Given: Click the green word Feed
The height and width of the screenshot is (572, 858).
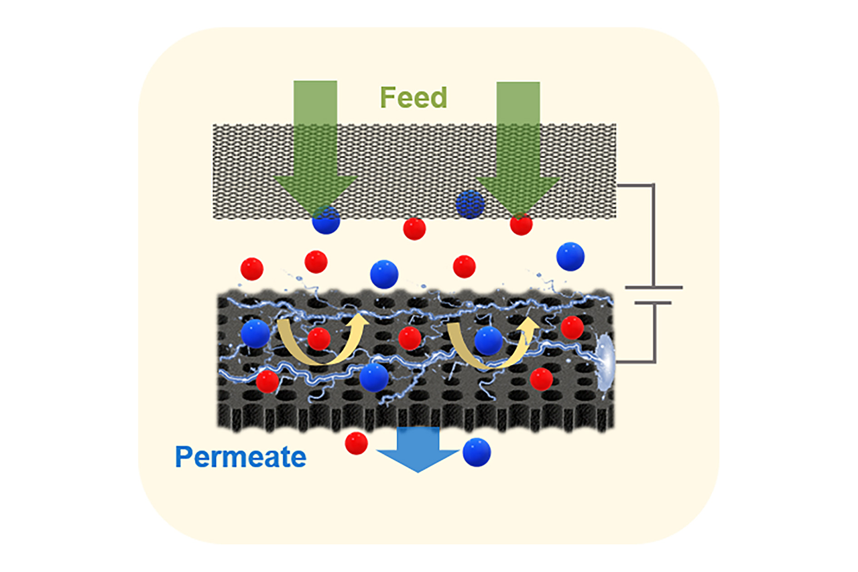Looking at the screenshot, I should pos(413,98).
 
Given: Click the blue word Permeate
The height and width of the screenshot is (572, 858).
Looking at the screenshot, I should pos(241,457).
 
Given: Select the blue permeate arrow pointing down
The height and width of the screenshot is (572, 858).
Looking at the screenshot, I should pos(418,449).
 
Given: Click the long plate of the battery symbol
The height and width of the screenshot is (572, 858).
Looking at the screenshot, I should pos(653,288).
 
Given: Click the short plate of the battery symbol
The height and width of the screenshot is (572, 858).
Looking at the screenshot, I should pos(653,303).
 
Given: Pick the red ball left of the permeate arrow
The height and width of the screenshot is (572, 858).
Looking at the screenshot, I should pos(356,443).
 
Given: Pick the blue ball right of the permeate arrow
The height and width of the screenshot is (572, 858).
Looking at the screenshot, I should pos(477,452).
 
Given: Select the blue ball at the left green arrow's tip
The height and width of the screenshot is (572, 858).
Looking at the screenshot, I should pos(326,221).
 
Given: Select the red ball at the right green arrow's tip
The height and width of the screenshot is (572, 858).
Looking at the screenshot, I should pos(521,224).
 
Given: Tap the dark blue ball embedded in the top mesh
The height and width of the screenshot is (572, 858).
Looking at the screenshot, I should pos(470,203).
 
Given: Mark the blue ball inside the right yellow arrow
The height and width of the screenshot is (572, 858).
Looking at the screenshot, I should pos(489,341).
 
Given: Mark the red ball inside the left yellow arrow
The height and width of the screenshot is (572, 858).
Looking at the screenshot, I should pos(319,339).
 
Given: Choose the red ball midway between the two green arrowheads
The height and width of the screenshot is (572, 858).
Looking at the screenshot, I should pos(415,229).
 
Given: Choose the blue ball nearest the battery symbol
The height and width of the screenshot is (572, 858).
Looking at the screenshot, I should pos(570,257).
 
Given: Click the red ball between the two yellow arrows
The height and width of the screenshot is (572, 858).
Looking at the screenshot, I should pos(410,339).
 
